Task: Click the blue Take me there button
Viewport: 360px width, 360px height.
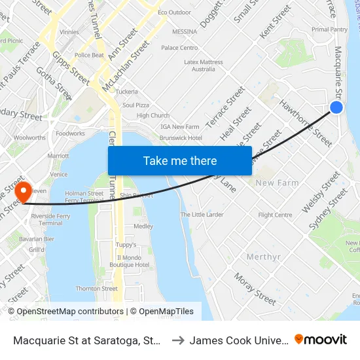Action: [180, 160]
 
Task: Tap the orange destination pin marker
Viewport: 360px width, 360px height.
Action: [24, 191]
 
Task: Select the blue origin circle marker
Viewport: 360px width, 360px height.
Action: [336, 107]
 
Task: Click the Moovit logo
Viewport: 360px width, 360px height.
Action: [321, 339]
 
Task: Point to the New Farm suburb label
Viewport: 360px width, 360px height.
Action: [277, 183]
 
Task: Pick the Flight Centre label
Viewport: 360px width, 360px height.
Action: [275, 215]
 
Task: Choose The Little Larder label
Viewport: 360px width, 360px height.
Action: [202, 215]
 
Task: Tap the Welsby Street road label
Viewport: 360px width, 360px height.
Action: [321, 192]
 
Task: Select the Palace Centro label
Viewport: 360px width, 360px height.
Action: [179, 48]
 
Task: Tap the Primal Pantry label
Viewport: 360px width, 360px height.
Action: [329, 29]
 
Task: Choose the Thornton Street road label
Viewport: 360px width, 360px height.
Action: [97, 288]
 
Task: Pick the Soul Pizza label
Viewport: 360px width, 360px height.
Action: [136, 105]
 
